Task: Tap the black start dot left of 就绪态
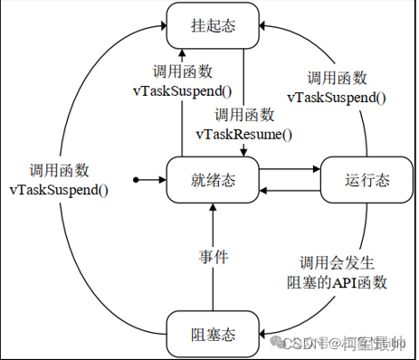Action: pos(136,180)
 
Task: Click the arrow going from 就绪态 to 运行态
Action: pos(290,167)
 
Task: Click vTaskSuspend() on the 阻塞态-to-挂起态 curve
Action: pos(59,190)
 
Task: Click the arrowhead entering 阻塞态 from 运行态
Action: pos(263,332)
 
